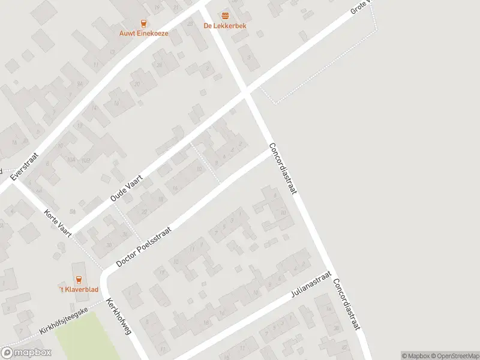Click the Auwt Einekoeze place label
click(x=143, y=34)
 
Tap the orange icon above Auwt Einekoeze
click(x=143, y=23)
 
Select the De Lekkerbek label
click(x=225, y=26)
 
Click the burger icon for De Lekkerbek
click(x=225, y=16)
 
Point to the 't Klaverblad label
click(x=78, y=289)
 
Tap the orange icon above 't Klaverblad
click(x=78, y=279)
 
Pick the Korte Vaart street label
click(x=58, y=223)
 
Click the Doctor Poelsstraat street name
click(x=144, y=247)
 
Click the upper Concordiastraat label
click(x=283, y=169)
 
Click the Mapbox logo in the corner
click(x=26, y=353)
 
